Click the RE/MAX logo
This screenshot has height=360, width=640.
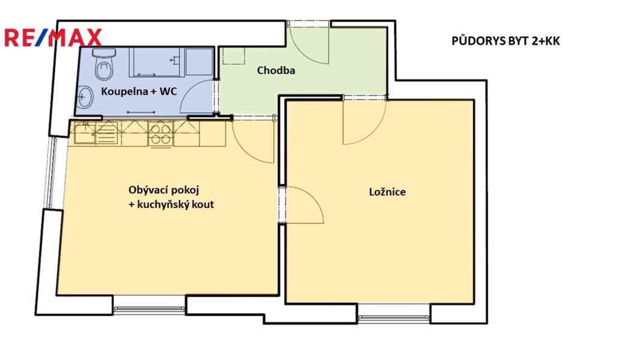pos(53,38)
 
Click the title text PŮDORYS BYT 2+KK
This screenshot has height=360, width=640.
pos(506,41)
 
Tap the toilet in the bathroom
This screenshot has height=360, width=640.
pos(103,64)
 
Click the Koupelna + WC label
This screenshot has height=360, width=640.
pos(139,91)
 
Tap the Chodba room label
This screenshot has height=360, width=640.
pos(276,71)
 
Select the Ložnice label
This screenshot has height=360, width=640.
pos(387,192)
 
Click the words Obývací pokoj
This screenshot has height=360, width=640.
pos(164,190)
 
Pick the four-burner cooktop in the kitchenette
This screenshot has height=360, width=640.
pos(161,134)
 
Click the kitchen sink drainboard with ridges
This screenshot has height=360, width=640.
pos(106,133)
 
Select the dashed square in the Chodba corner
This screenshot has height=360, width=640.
pos(234,56)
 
